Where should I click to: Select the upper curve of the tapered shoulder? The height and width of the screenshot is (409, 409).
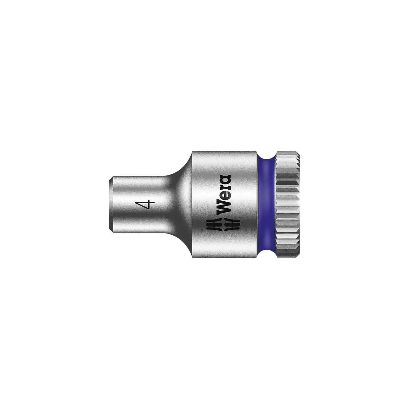pyautogui.click(x=182, y=170)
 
